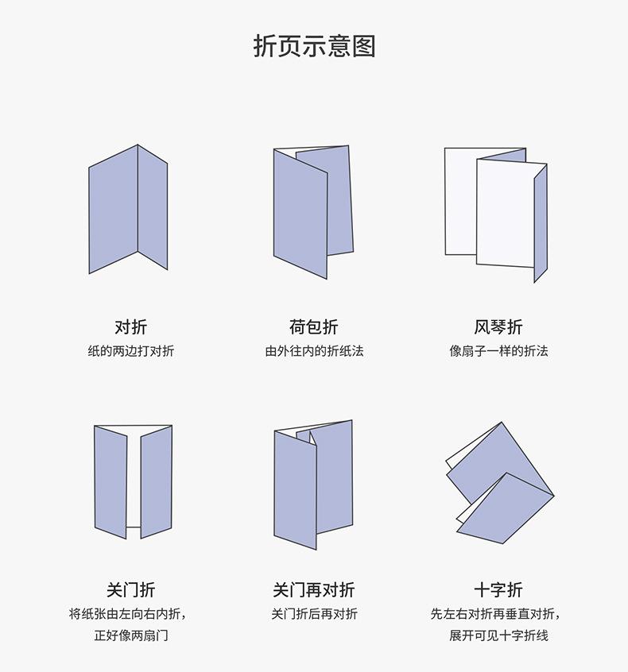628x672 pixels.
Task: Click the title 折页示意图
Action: (x=314, y=46)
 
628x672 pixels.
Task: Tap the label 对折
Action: (x=130, y=326)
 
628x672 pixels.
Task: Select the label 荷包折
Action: (x=314, y=326)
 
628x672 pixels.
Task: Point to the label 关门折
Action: (x=130, y=590)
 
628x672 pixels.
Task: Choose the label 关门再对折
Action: (x=314, y=590)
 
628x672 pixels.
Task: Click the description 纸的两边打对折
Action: (x=130, y=350)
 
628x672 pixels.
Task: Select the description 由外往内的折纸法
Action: (x=314, y=350)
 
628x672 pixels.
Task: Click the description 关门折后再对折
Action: (x=314, y=613)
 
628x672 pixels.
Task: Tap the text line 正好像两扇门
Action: (x=130, y=635)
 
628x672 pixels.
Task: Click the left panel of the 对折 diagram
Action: (x=113, y=210)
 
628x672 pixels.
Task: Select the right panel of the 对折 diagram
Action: (x=153, y=207)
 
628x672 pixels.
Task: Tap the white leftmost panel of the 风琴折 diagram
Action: (x=459, y=203)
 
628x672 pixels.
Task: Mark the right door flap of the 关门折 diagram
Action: (x=156, y=481)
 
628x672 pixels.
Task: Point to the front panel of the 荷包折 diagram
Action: (x=300, y=214)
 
